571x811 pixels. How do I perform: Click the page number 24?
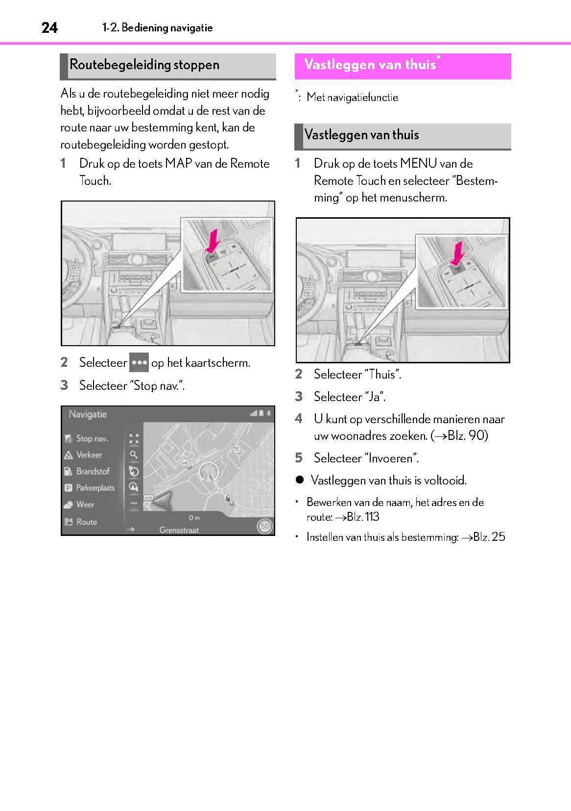coord(49,28)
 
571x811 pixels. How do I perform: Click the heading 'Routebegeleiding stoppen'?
coord(144,65)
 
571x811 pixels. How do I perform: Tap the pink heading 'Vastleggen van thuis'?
coord(370,65)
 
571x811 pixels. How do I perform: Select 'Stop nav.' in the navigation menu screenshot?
coord(92,439)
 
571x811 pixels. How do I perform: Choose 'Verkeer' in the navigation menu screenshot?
coord(89,455)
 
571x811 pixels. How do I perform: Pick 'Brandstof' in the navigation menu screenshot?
coord(93,472)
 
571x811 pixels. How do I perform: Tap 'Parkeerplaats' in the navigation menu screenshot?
coord(95,488)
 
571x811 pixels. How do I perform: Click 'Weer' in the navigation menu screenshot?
coord(85,505)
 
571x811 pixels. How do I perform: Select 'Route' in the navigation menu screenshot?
coord(86,522)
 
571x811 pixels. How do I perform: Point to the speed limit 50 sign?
coord(265,526)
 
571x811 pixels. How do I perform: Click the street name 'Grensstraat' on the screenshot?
coord(179,530)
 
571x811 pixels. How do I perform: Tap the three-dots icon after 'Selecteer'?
coord(139,363)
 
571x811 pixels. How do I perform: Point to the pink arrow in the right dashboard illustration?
coord(458,253)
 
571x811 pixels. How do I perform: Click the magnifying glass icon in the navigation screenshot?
coord(133,455)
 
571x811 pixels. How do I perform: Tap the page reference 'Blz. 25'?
coord(489,537)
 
